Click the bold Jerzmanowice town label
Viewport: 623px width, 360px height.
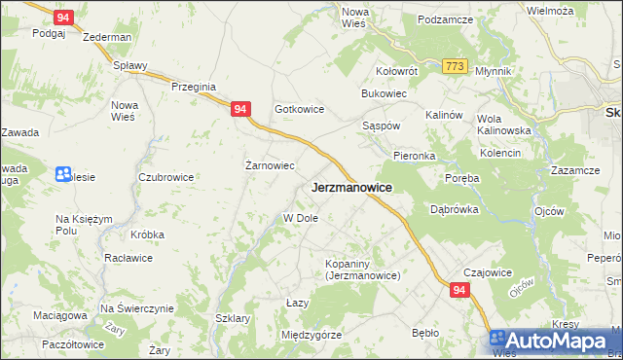coord(351,188)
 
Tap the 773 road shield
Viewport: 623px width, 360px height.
coord(453,66)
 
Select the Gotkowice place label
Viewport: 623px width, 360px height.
coord(299,110)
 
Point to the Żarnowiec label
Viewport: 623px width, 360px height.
coord(270,165)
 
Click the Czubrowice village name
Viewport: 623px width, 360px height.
coord(166,177)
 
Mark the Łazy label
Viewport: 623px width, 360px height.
coord(298,303)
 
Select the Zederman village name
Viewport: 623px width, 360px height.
coord(107,37)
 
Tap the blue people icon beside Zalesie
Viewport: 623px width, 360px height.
coord(64,174)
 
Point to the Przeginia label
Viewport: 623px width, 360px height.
coord(193,87)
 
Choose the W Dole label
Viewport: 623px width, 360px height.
coord(301,218)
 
